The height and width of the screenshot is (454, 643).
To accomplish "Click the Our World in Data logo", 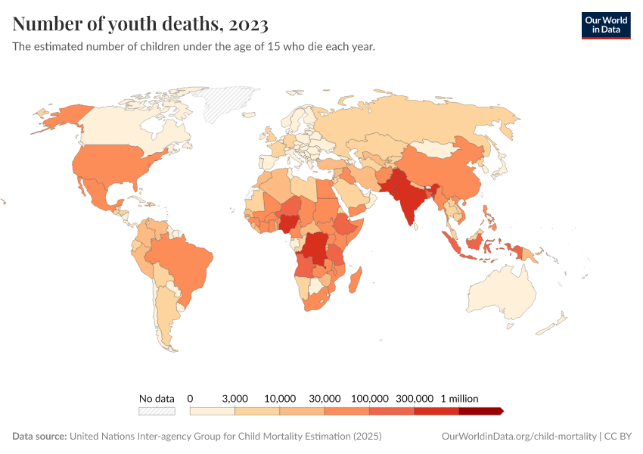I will [x=605, y=25].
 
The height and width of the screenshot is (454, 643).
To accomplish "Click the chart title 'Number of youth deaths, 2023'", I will [x=141, y=24].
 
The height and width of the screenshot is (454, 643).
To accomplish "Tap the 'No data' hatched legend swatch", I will [x=157, y=411].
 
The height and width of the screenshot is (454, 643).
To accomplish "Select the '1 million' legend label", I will [x=459, y=398].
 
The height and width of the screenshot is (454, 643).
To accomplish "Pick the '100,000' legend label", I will [x=370, y=398].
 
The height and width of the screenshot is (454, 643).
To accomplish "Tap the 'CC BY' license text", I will [x=618, y=437].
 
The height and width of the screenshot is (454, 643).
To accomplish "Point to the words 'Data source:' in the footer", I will [x=39, y=437].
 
